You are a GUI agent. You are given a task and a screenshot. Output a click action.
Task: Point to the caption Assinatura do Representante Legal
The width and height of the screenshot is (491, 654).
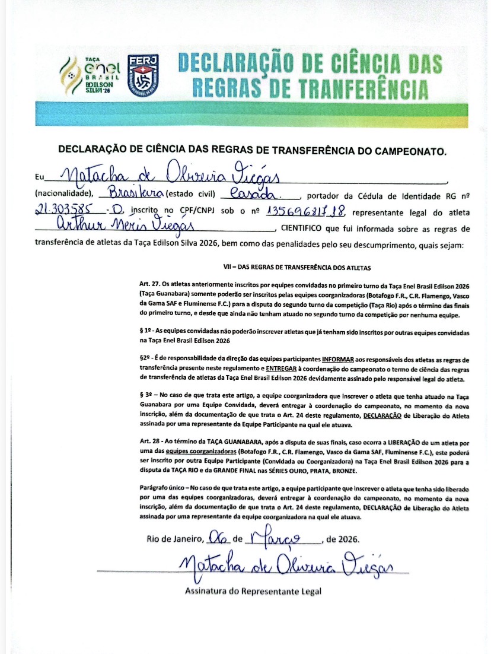tap(253, 591)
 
